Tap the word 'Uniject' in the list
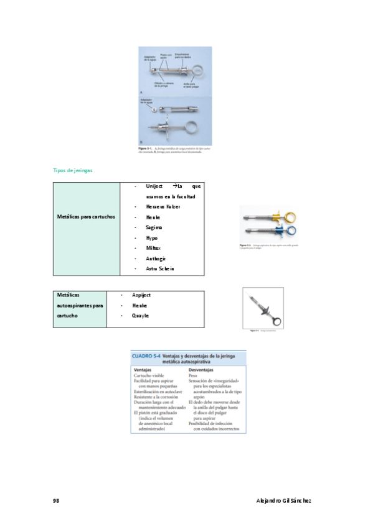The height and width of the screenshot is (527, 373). click(x=154, y=186)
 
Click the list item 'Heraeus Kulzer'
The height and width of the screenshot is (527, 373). click(x=163, y=206)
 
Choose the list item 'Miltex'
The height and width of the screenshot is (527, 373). click(x=153, y=248)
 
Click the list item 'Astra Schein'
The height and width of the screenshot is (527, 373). click(x=159, y=268)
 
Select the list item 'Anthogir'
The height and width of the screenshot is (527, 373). click(x=156, y=259)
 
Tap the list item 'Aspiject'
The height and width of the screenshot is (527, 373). click(x=141, y=295)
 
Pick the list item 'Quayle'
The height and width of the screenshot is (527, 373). click(x=140, y=316)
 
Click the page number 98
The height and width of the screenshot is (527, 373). click(x=56, y=500)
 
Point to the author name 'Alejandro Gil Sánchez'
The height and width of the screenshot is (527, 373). click(x=283, y=500)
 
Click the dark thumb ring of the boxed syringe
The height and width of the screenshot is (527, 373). click(x=276, y=321)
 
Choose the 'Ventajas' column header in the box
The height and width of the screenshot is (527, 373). click(x=145, y=369)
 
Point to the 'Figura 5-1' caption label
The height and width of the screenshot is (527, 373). click(x=146, y=149)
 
